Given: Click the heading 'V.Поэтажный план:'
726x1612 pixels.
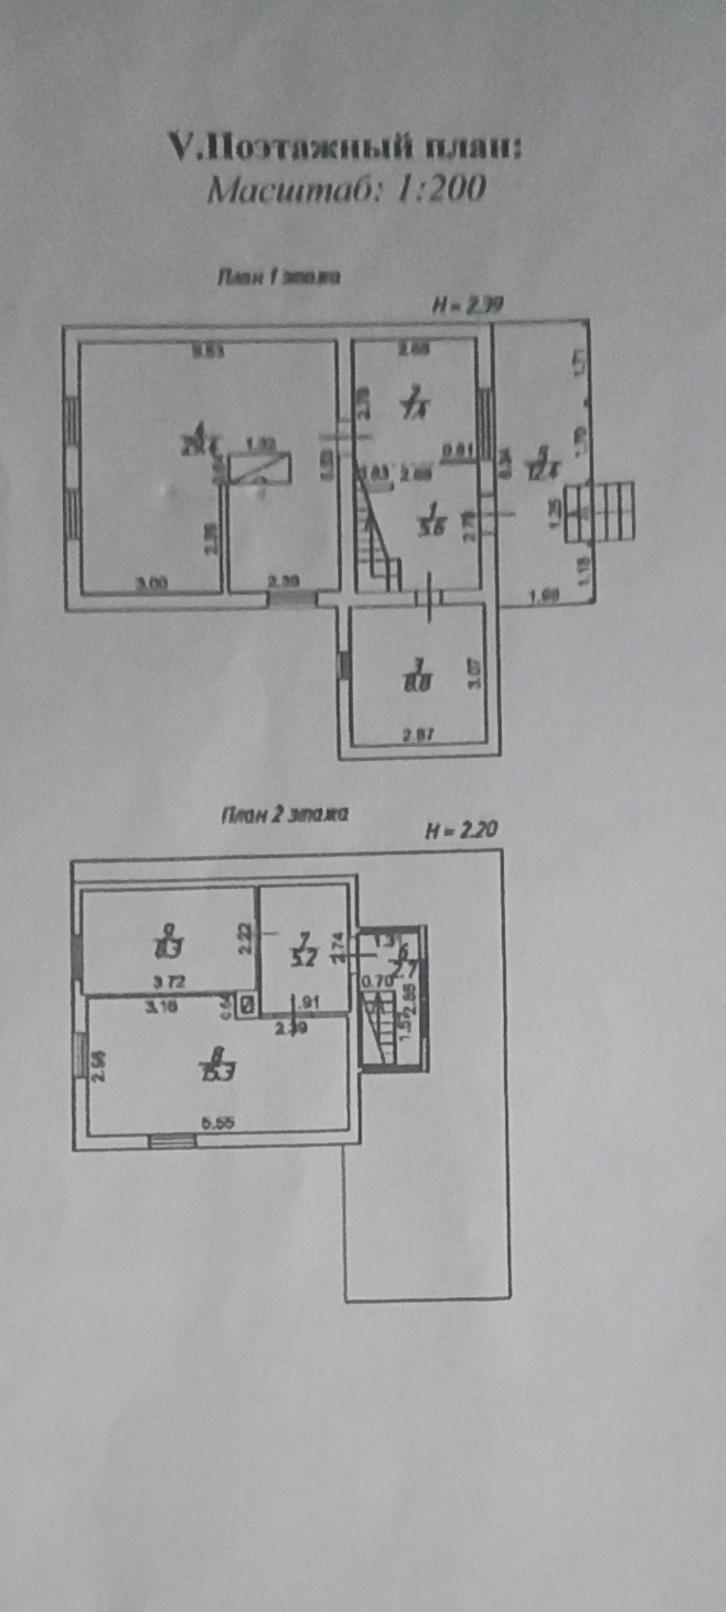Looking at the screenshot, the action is [344, 146].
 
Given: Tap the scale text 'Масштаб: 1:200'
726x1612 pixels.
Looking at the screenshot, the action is [346, 189].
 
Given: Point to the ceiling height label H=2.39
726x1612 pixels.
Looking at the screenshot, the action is [467, 306].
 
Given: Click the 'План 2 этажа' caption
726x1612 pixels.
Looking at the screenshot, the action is [284, 815].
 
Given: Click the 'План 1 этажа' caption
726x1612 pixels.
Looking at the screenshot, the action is [278, 277].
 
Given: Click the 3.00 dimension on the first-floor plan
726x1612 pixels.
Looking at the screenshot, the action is [153, 584].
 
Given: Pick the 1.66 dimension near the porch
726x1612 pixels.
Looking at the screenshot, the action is [544, 595].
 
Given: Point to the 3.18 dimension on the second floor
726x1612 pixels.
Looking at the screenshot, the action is [162, 1005].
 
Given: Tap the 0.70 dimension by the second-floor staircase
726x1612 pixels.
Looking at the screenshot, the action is [376, 982].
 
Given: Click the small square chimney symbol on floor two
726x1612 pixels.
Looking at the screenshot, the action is [247, 1005].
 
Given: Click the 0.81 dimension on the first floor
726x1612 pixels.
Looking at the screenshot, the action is [458, 452].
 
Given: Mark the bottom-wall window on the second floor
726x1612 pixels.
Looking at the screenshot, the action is [172, 1140].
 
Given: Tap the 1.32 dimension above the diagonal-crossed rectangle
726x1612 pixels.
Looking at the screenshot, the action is [258, 443].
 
